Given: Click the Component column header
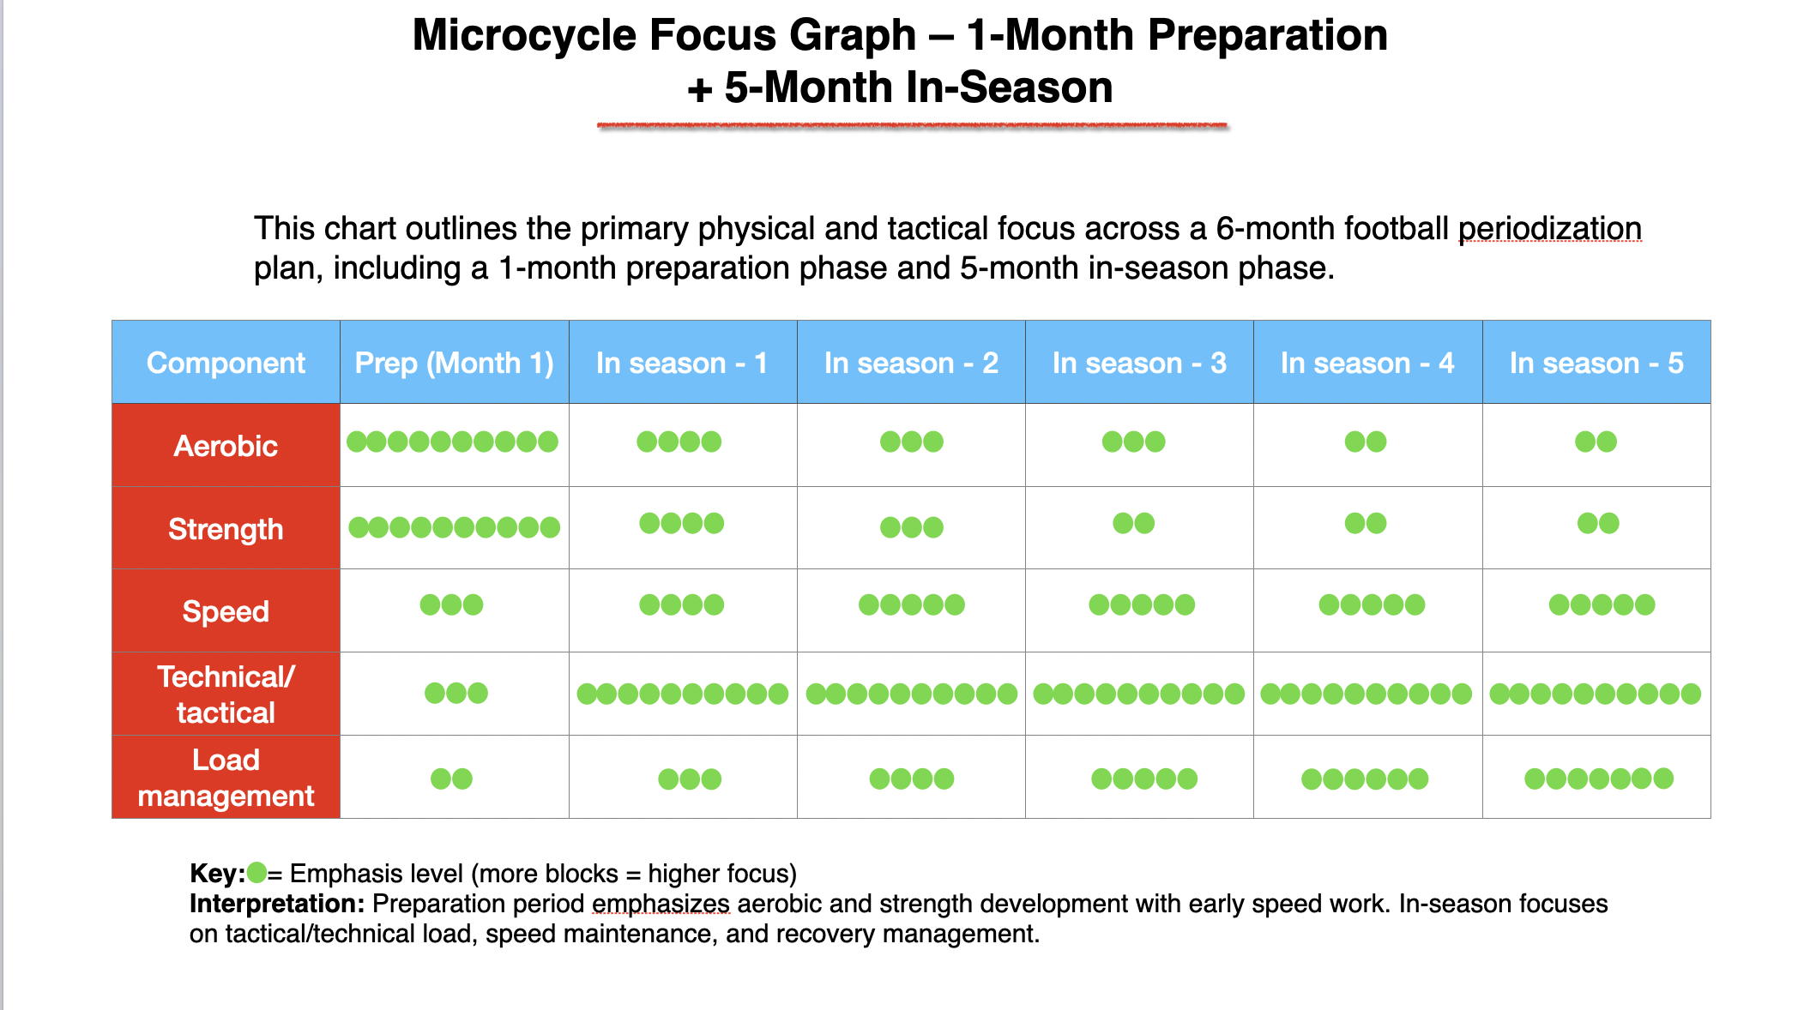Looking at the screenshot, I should (x=226, y=363).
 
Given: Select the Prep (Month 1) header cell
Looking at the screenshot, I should (x=454, y=363).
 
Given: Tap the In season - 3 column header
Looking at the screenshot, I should (x=1138, y=363).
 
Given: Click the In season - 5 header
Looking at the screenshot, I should (x=1596, y=363).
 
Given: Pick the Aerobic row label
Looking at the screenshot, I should (x=226, y=446).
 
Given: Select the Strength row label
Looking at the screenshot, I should (x=226, y=529).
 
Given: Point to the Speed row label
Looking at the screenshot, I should (x=226, y=611).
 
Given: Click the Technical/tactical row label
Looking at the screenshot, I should (x=226, y=694).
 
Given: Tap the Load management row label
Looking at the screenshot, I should (x=226, y=778).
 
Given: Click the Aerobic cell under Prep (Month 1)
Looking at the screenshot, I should (x=452, y=442).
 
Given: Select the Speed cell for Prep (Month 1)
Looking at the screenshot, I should (x=451, y=605).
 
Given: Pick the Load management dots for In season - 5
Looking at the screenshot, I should (x=1598, y=779).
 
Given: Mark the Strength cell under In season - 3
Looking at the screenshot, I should (x=1133, y=523).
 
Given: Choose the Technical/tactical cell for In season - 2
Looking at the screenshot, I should (x=911, y=694).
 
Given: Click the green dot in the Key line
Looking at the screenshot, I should (x=256, y=873).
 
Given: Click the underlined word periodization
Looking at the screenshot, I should (x=1549, y=229).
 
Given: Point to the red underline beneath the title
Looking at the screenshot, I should (x=912, y=126).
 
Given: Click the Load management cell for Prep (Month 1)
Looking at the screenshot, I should (x=451, y=779).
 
